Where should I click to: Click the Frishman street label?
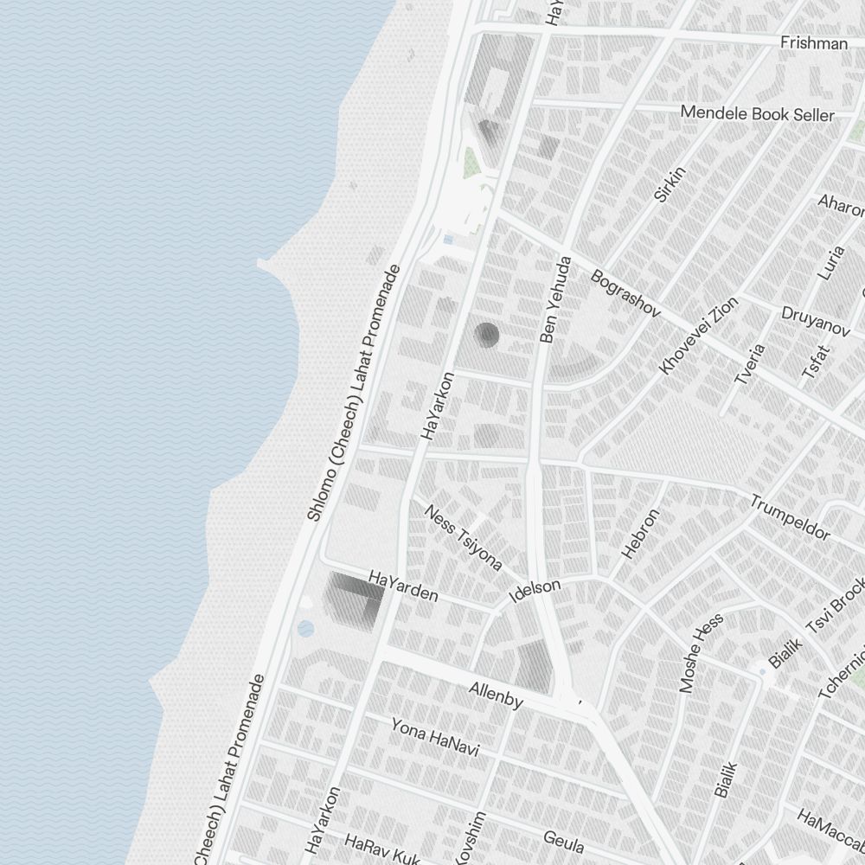click(813, 42)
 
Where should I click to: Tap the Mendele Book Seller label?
click(757, 113)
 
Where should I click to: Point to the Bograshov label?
click(625, 292)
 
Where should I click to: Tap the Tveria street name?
click(749, 364)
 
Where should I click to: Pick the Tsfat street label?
click(815, 362)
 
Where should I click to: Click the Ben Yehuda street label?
click(556, 300)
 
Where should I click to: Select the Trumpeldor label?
click(790, 516)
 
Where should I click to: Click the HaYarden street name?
click(403, 586)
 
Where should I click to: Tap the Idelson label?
click(535, 591)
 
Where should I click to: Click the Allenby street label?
click(496, 695)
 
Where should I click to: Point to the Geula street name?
click(564, 841)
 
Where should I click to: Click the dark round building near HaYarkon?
click(487, 335)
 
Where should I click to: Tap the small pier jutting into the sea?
click(269, 263)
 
